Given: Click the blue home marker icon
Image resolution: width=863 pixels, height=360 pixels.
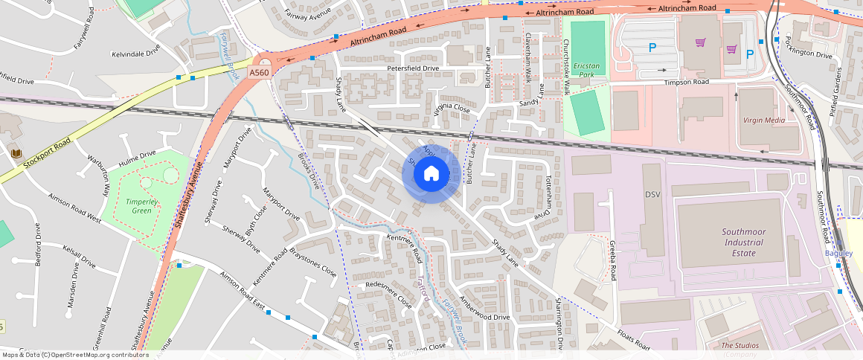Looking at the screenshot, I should pyautogui.click(x=431, y=174).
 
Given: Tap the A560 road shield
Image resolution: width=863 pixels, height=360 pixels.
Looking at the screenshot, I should pyautogui.click(x=259, y=72).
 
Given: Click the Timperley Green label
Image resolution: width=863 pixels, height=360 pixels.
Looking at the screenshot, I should pyautogui.click(x=138, y=206).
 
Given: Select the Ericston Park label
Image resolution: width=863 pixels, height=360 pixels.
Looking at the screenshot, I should pyautogui.click(x=588, y=70).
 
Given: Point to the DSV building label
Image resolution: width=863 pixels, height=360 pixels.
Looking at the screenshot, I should pyautogui.click(x=652, y=194).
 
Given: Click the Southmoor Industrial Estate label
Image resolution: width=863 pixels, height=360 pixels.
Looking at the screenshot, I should pyautogui.click(x=743, y=242).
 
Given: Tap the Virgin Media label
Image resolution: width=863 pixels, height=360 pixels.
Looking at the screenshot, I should pyautogui.click(x=763, y=120).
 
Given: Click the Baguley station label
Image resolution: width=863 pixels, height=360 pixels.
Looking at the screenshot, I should pyautogui.click(x=838, y=253).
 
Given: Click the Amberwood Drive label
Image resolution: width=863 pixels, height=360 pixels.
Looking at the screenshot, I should pyautogui.click(x=484, y=307).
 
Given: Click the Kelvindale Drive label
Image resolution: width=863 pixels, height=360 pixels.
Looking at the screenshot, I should pyautogui.click(x=135, y=54).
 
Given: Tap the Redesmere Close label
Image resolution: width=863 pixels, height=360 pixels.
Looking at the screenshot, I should pyautogui.click(x=388, y=296).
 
